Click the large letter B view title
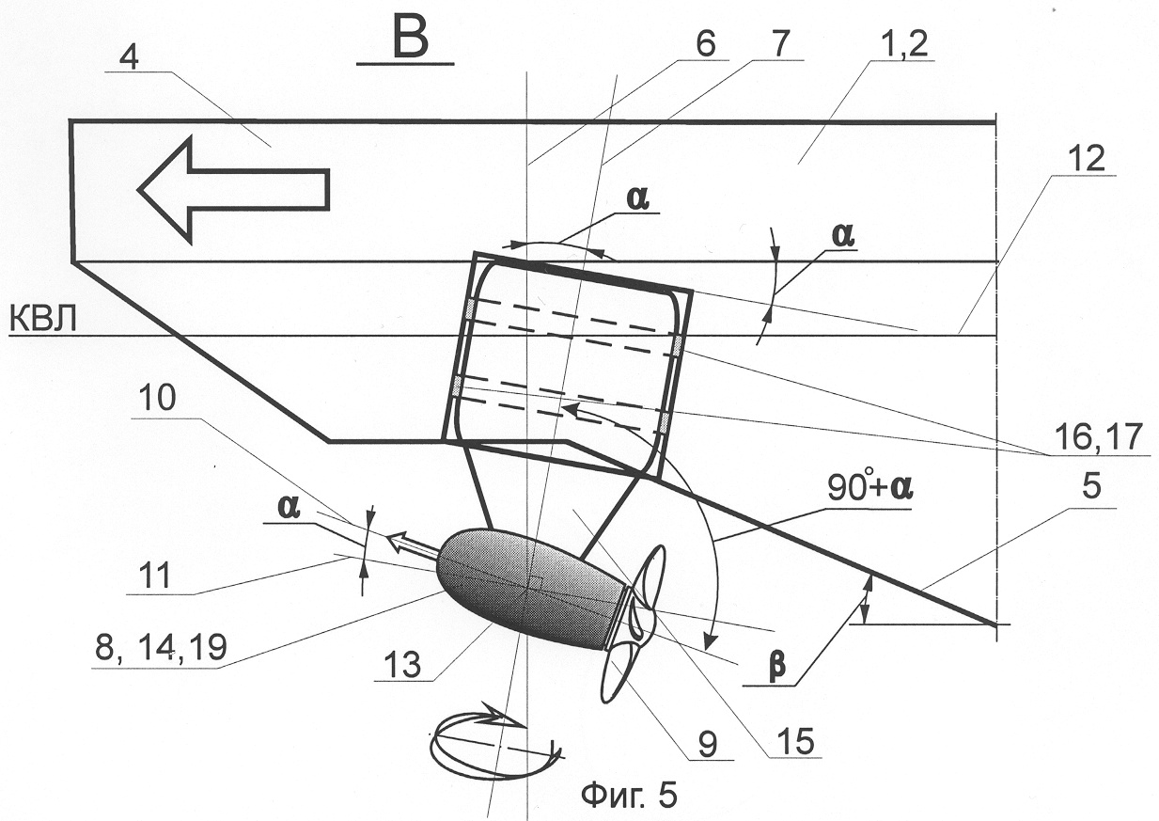point(411,38)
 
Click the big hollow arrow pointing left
point(233,189)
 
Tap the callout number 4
point(130,59)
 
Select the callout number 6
point(705,44)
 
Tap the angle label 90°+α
point(869,488)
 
